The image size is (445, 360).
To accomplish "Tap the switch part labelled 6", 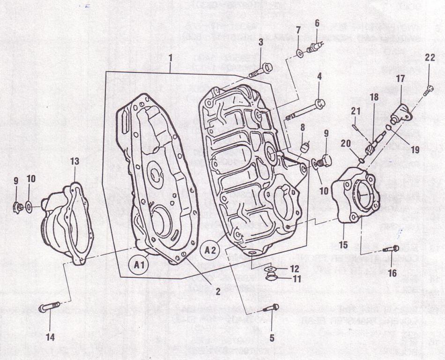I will click(313, 47).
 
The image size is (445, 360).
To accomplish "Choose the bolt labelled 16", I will click(391, 248).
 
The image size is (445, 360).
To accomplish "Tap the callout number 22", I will click(430, 58).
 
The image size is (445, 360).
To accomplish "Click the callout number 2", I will click(218, 291).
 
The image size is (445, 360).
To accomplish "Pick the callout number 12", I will click(294, 269).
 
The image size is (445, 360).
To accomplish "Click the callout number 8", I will click(303, 127).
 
